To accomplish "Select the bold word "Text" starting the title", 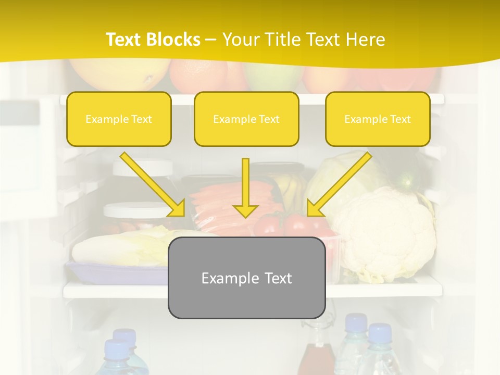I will [x=123, y=40].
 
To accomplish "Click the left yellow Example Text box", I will [x=119, y=119].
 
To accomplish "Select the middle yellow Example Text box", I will [x=246, y=119].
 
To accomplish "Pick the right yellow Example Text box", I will [x=378, y=119].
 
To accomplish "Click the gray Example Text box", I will [x=246, y=278].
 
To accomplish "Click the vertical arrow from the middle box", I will [x=245, y=187].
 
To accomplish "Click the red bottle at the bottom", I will [x=316, y=359].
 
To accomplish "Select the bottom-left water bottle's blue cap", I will [x=116, y=346].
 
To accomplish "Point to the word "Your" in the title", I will [x=238, y=40].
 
